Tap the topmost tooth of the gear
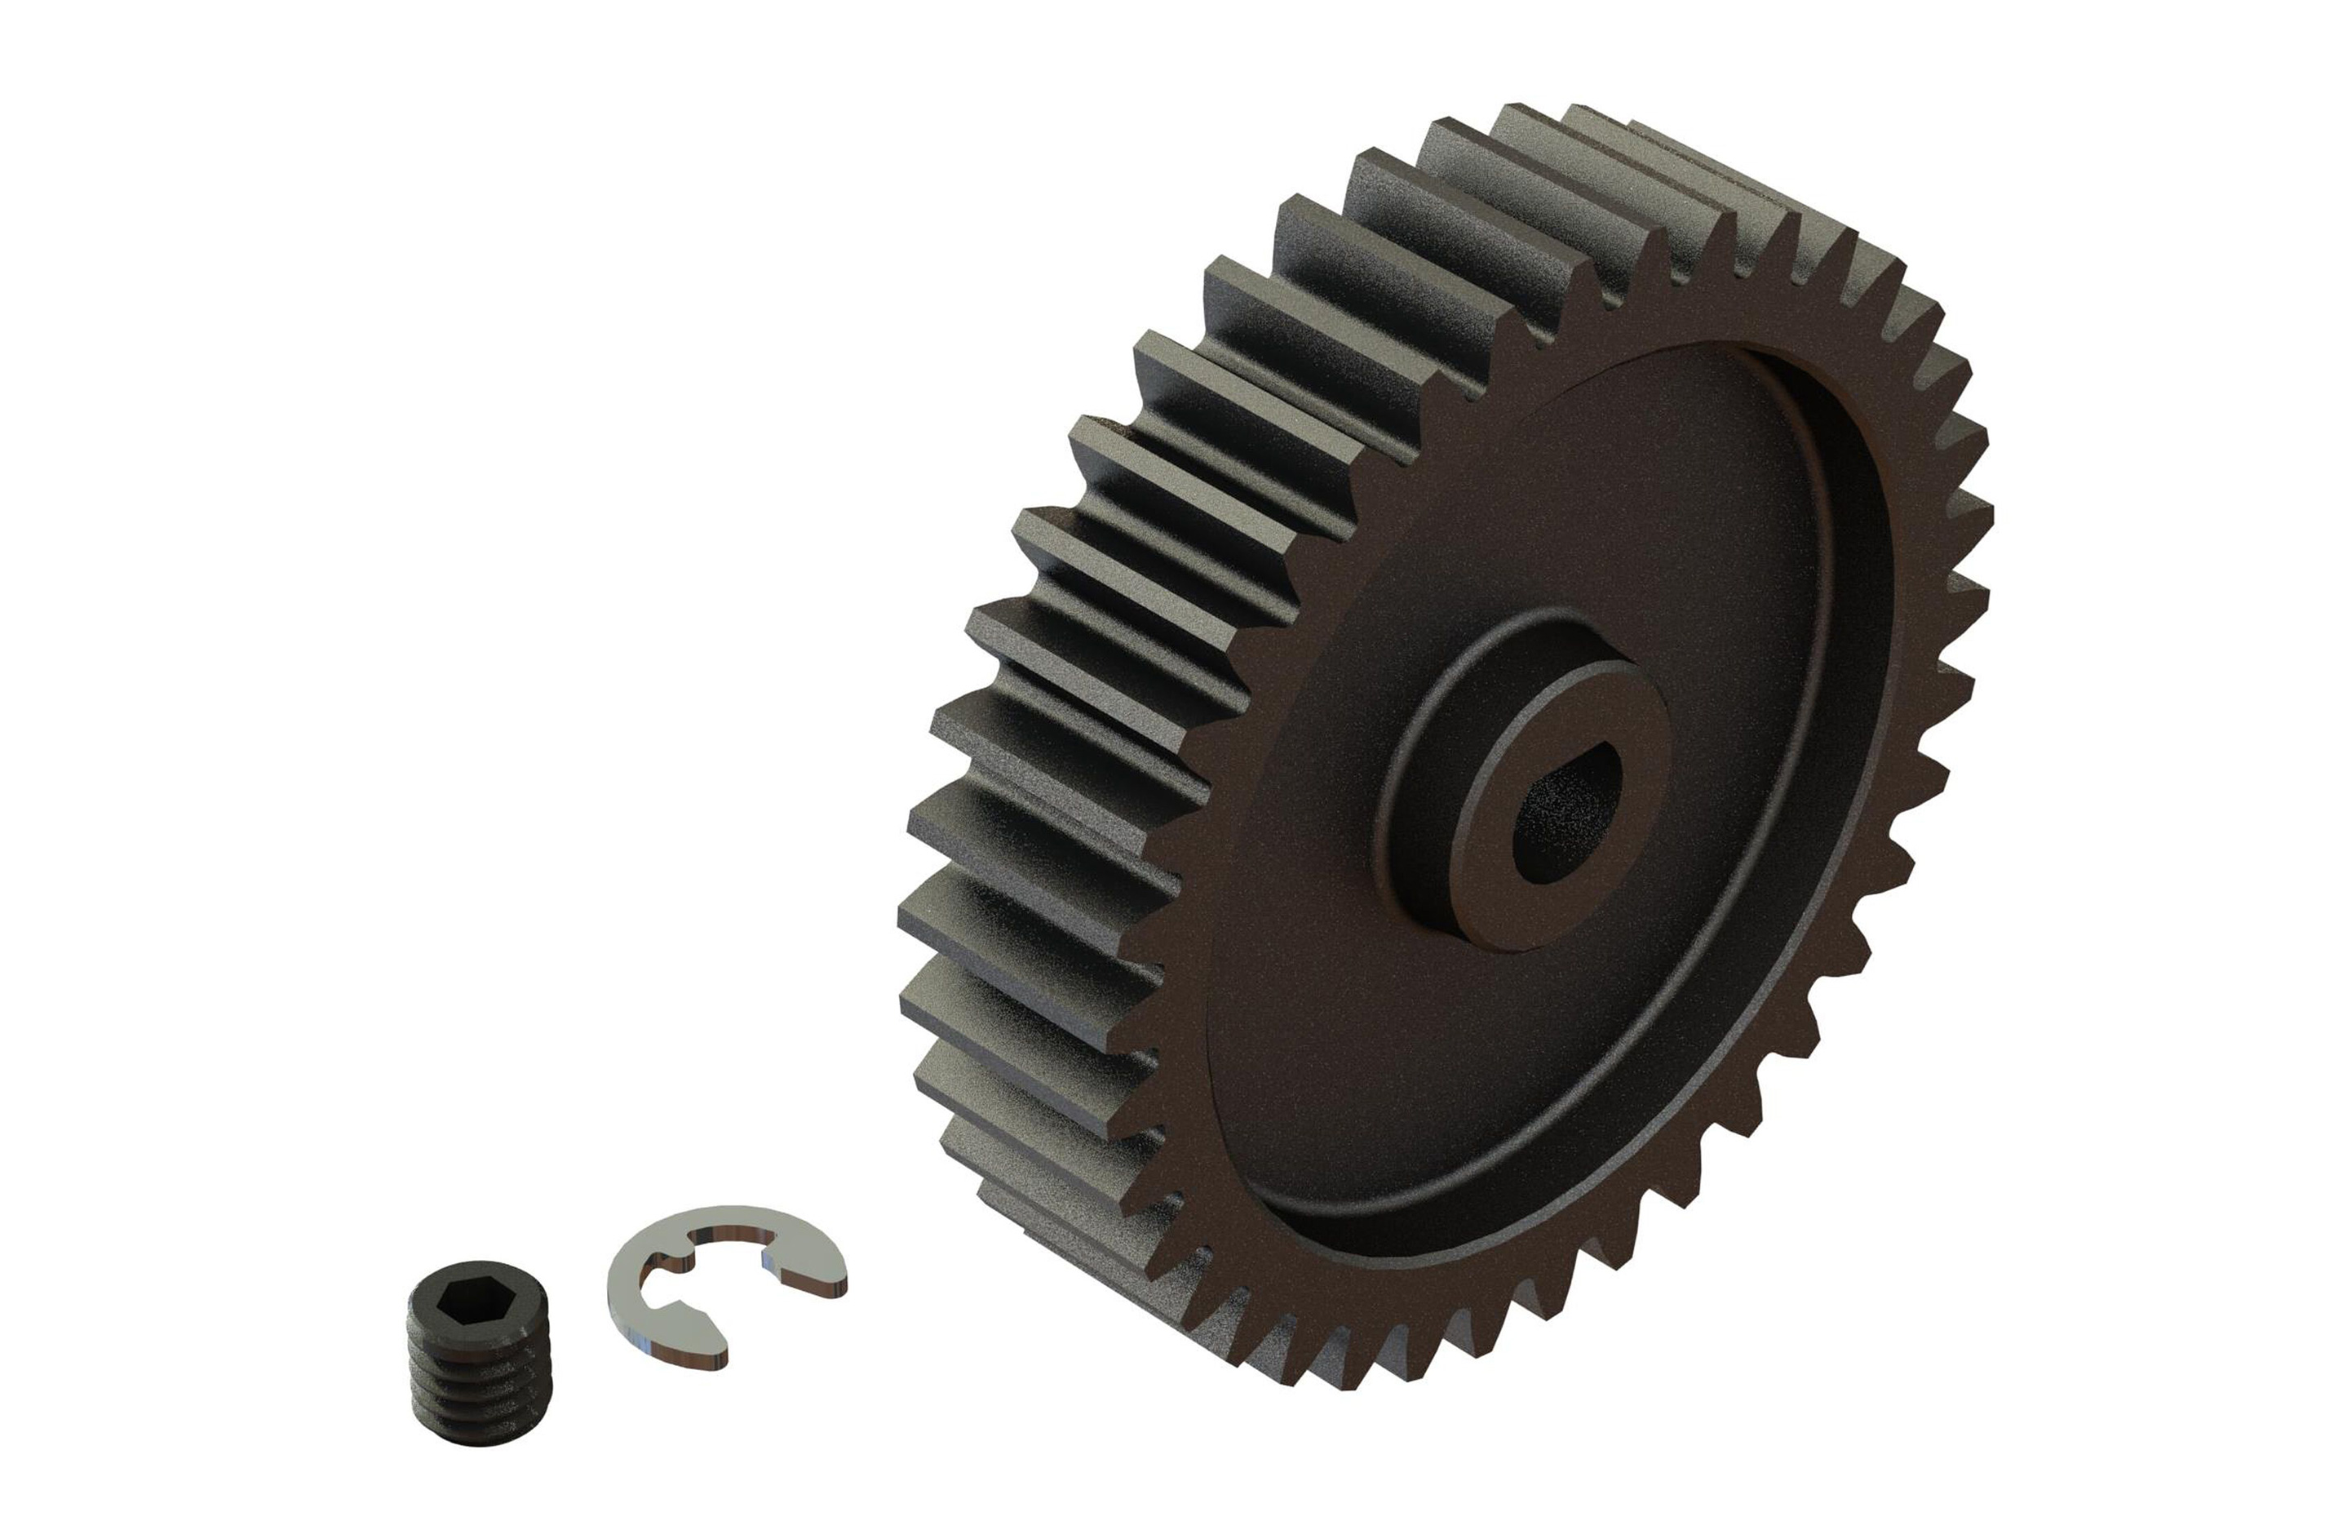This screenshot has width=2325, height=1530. click(1602, 122)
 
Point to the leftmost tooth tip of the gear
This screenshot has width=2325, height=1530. click(914, 918)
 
